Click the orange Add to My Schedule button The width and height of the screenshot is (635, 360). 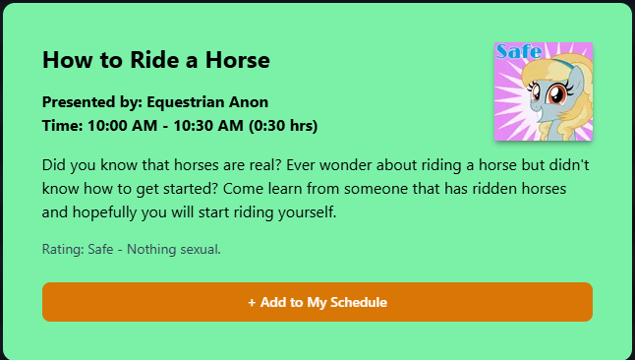click(317, 302)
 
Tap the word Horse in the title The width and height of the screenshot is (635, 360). click(237, 60)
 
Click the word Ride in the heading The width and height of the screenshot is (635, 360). click(154, 60)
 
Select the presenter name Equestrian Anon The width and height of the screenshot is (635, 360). click(207, 102)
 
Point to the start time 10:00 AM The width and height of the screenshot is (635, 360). click(122, 126)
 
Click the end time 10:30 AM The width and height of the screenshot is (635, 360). click(208, 126)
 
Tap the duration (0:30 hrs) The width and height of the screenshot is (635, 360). click(283, 126)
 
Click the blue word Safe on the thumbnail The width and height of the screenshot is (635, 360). click(519, 51)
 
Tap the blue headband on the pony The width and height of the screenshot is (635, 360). click(562, 64)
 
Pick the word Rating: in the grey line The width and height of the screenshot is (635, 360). click(63, 249)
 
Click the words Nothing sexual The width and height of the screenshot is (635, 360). click(174, 249)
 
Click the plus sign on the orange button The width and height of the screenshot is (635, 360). click(252, 302)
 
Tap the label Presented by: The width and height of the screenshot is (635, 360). click(92, 102)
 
